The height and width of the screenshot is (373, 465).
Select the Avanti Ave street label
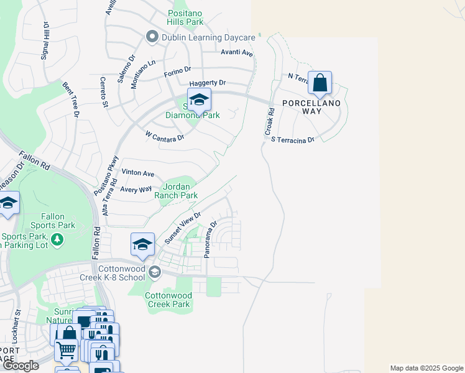click(x=237, y=53)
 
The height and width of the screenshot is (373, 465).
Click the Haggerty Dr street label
click(x=208, y=83)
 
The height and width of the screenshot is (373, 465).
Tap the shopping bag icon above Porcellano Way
click(x=320, y=83)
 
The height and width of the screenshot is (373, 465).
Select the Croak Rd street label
click(x=270, y=122)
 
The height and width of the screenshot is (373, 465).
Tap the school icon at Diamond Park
click(x=199, y=100)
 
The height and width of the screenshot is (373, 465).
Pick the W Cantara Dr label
click(x=165, y=136)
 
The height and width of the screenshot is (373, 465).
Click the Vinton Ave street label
click(x=138, y=173)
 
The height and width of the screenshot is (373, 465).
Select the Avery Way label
click(x=136, y=189)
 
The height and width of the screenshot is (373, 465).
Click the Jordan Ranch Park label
click(x=180, y=191)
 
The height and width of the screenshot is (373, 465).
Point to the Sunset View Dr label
click(x=182, y=228)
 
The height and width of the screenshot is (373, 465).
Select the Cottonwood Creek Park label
click(x=167, y=300)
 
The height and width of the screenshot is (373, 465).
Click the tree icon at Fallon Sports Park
click(x=57, y=239)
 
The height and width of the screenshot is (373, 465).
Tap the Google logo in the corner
click(x=21, y=366)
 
